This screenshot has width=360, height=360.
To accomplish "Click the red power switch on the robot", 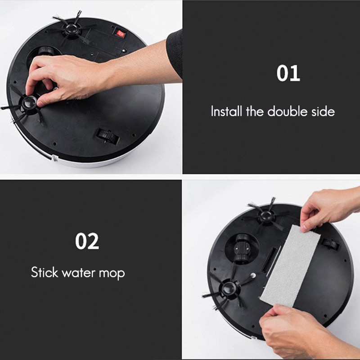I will [x=120, y=33].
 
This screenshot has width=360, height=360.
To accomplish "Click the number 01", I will [x=288, y=73].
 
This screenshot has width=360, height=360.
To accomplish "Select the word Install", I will [x=227, y=112].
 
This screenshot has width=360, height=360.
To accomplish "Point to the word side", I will [x=324, y=112].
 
